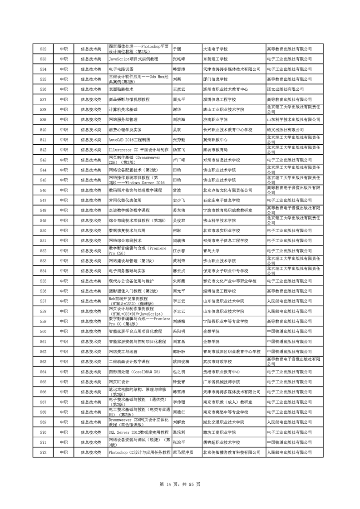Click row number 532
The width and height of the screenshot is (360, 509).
coord(44,49)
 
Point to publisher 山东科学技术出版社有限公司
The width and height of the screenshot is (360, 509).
coord(294,120)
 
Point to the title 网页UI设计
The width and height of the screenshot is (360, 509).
coord(119,382)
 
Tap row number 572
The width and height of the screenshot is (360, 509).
coord(44,452)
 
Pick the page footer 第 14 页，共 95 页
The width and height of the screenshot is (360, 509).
coord(180,485)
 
